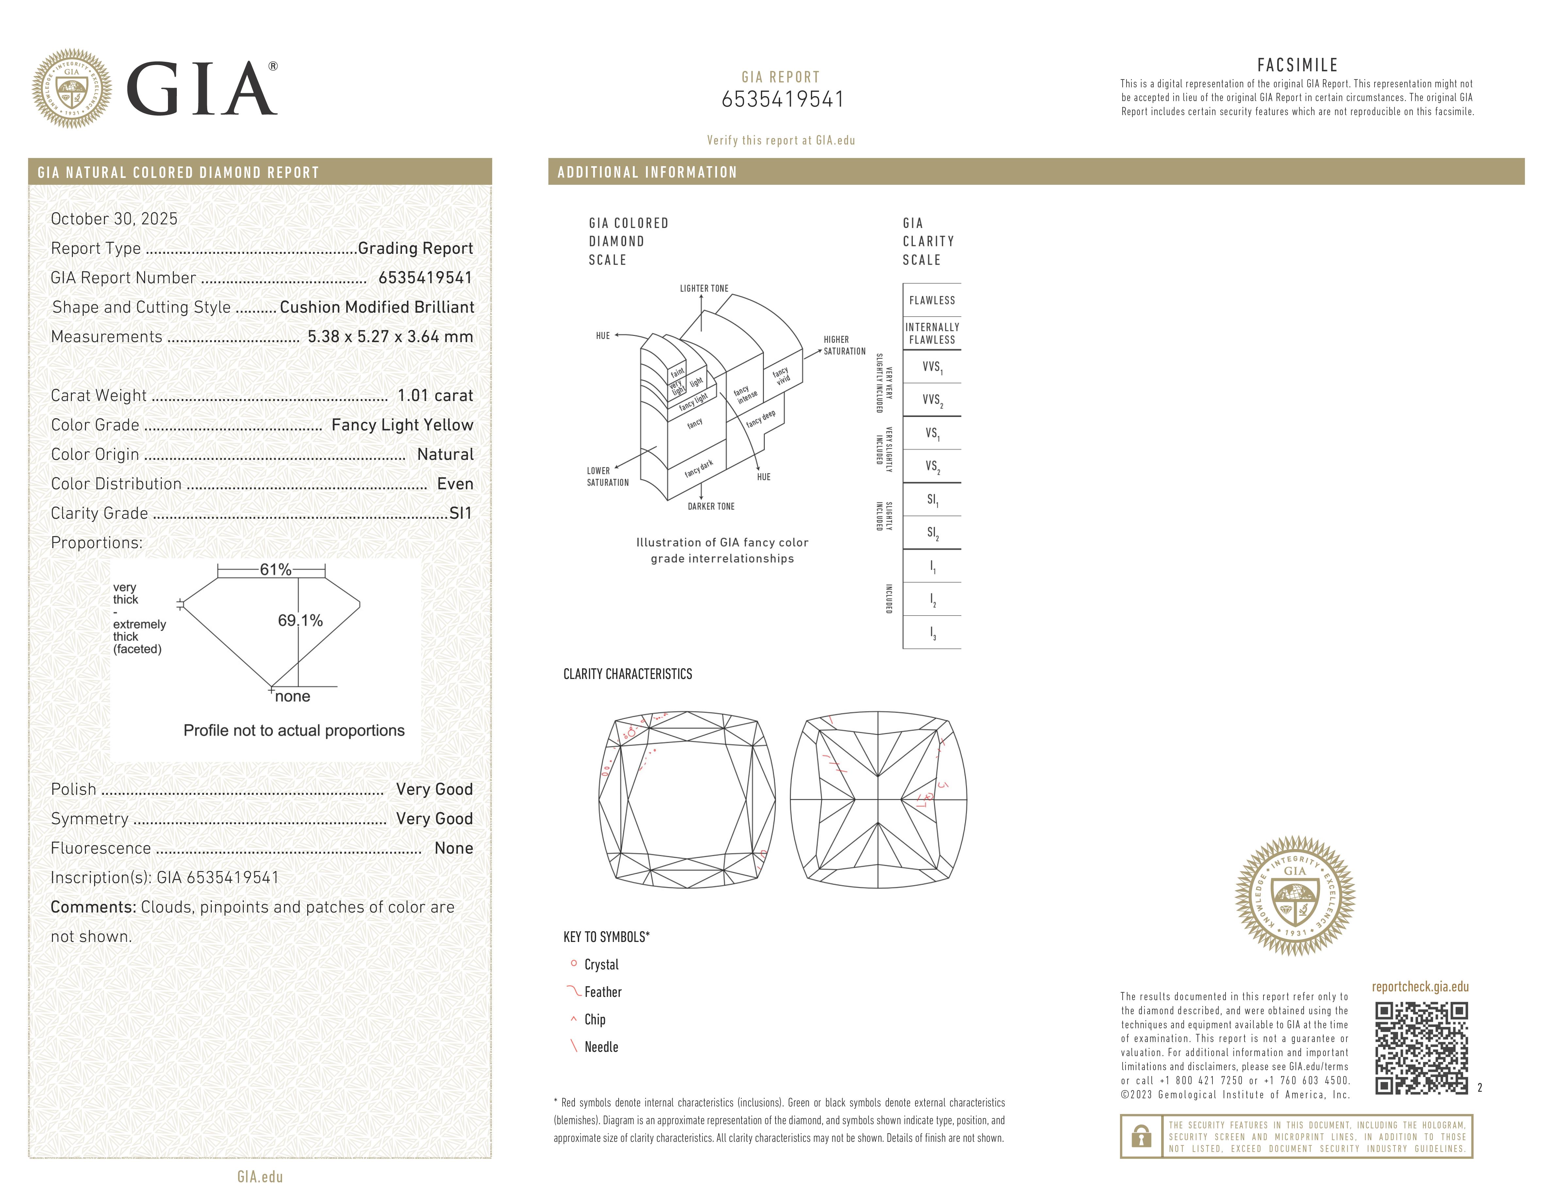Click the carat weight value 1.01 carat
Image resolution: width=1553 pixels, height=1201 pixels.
tap(434, 395)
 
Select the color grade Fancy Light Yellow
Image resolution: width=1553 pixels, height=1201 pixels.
tap(402, 425)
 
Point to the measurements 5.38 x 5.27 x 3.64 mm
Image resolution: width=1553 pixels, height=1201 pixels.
tap(390, 337)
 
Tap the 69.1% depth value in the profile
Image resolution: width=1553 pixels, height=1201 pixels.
tap(300, 620)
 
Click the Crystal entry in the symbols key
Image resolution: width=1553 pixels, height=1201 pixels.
tap(601, 965)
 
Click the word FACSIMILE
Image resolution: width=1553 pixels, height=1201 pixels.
tap(1297, 65)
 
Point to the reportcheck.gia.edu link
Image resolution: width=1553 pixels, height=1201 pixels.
tap(1420, 987)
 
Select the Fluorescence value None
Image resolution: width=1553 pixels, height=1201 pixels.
tap(454, 848)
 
